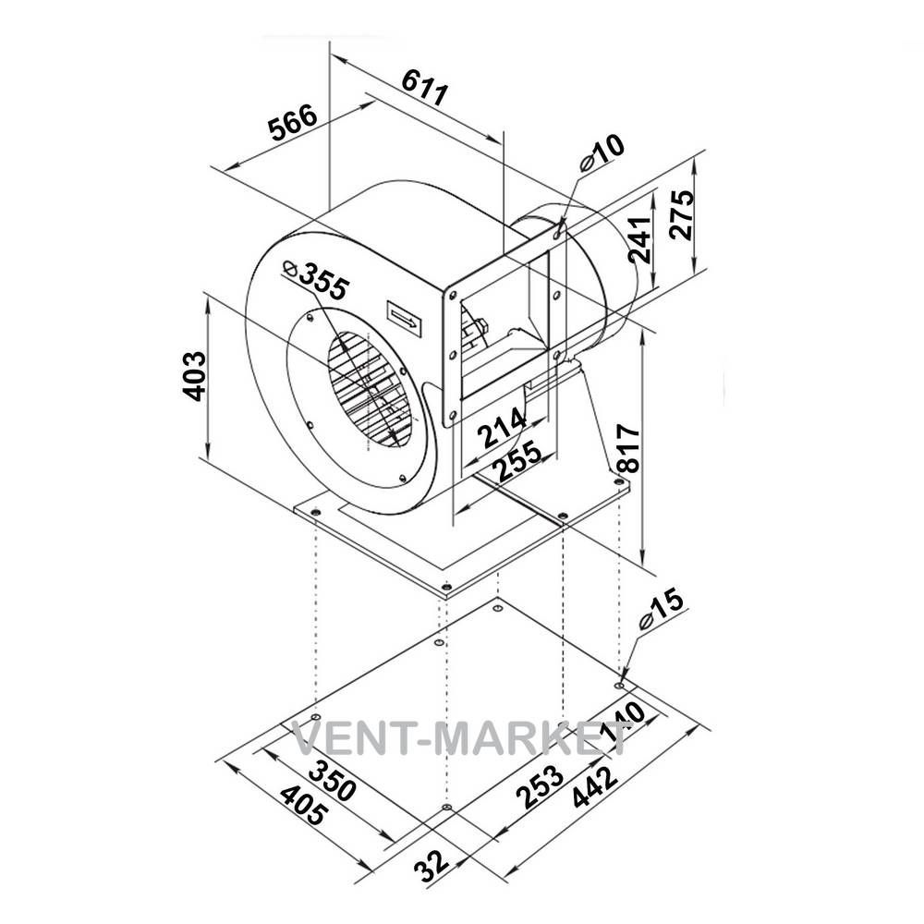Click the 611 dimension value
425,87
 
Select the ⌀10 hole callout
602,153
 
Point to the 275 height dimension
682,214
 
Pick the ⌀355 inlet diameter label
316,280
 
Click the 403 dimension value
195,376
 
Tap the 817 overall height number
628,448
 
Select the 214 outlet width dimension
502,427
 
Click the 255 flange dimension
517,460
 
